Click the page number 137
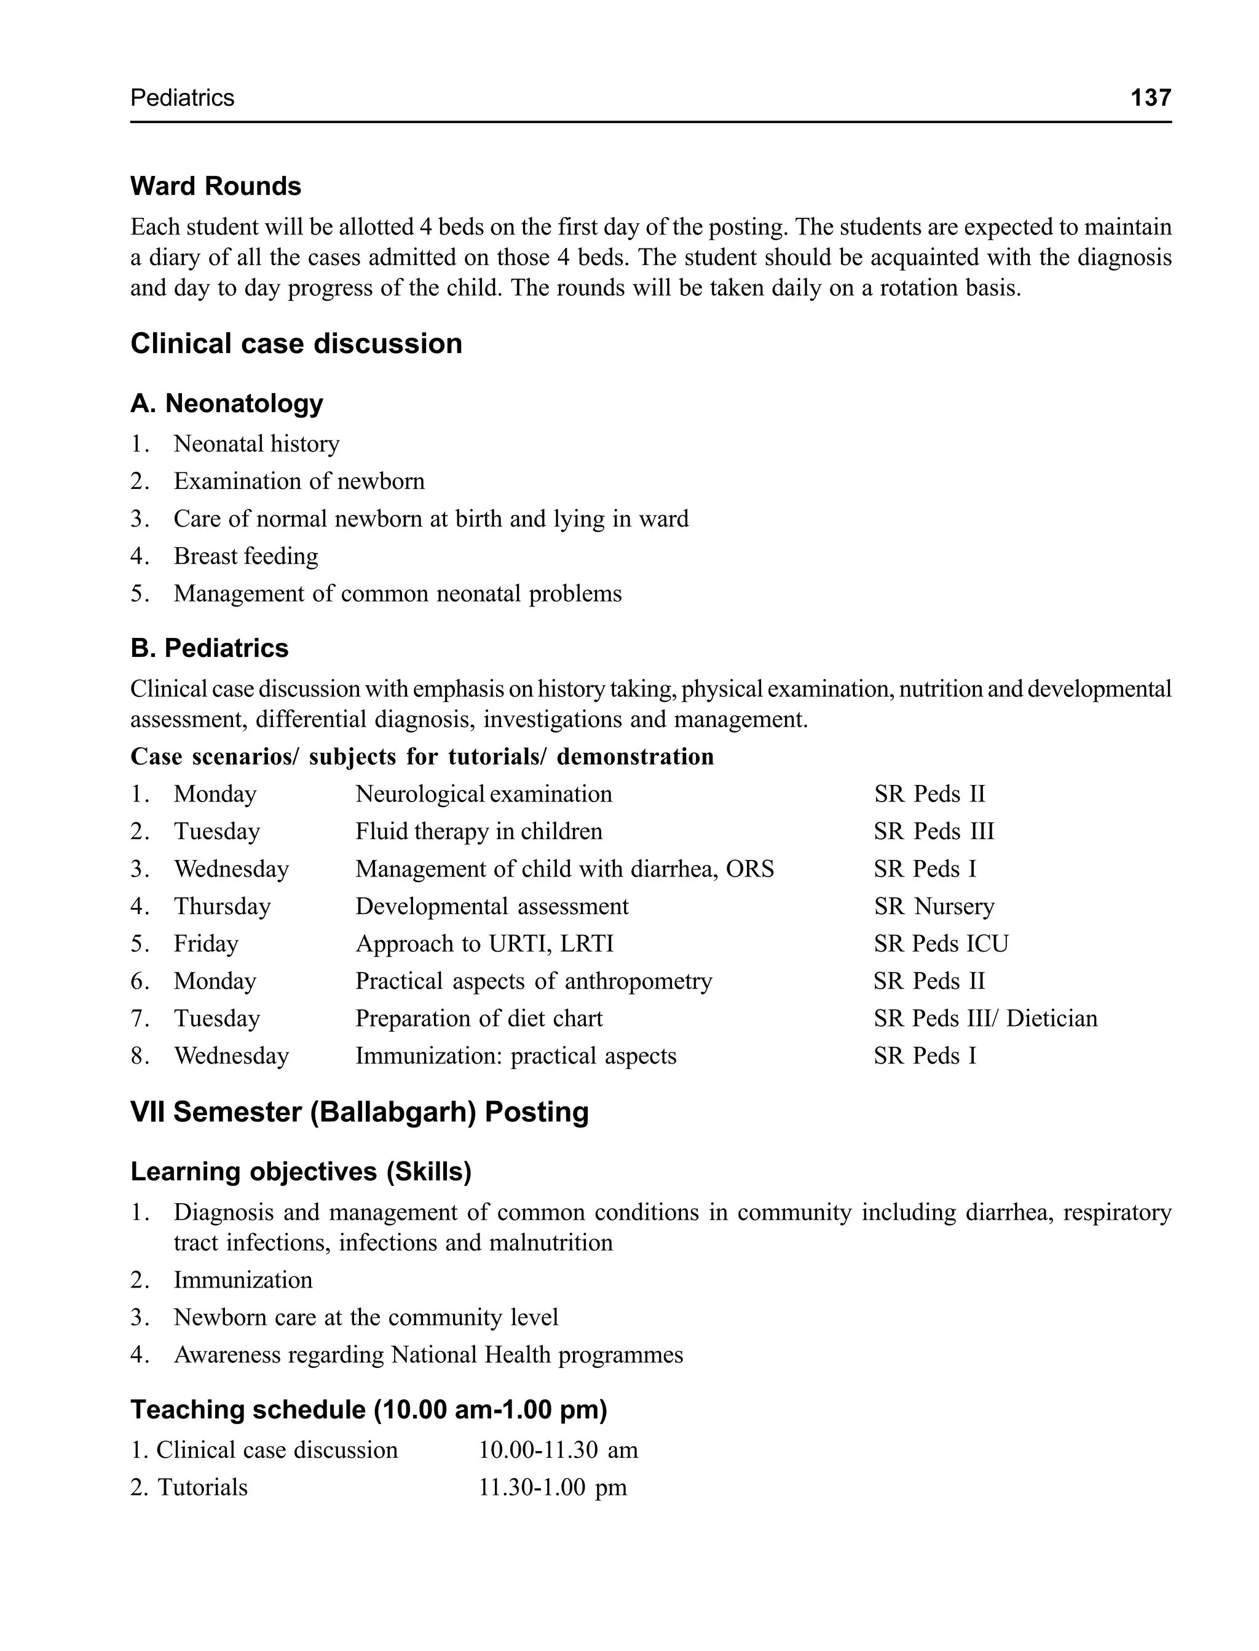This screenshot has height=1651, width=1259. tap(1150, 97)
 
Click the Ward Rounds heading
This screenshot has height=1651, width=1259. tap(216, 186)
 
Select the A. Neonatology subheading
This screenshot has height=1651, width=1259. tap(226, 404)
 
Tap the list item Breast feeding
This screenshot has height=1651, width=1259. tap(246, 556)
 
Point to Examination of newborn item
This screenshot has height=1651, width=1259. tap(299, 482)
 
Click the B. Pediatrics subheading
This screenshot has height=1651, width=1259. tap(209, 648)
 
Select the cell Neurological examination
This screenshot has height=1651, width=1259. tap(483, 794)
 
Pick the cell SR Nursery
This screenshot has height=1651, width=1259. tap(934, 907)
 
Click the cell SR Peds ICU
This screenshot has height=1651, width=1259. tap(941, 944)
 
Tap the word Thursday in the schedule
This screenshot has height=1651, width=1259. tap(222, 907)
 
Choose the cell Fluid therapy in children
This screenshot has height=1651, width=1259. tap(478, 832)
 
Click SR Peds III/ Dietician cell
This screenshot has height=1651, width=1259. tap(985, 1019)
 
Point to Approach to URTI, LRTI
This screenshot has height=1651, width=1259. tap(484, 944)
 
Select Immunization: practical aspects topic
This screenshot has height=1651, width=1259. tap(516, 1056)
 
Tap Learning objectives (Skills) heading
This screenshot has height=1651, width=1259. tap(301, 1171)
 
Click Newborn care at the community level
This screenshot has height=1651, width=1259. tap(366, 1318)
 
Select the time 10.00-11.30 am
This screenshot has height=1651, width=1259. tap(558, 1450)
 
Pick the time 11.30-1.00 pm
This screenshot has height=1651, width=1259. tap(552, 1487)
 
